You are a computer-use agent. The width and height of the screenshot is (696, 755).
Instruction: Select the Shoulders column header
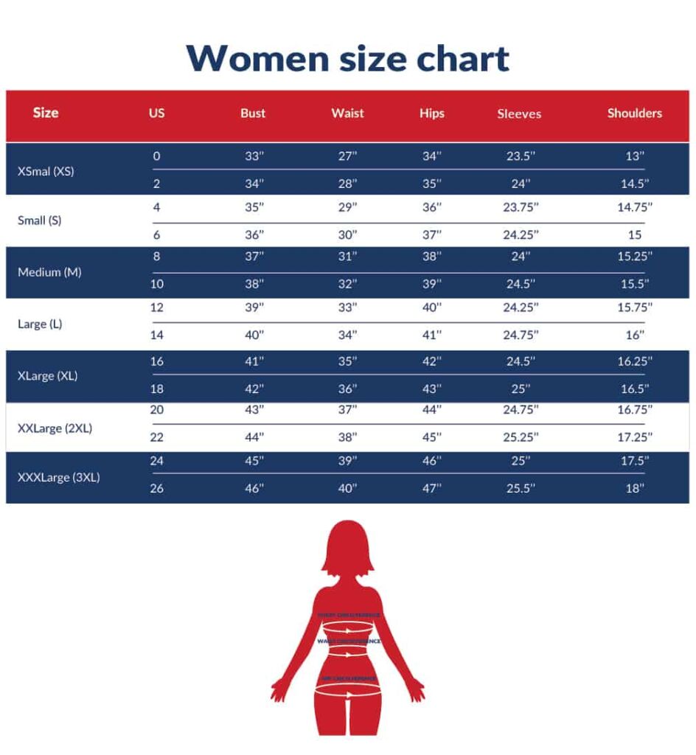click(634, 113)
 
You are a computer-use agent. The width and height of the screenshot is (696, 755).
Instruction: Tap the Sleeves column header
click(519, 114)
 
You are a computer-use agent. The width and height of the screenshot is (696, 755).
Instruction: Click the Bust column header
click(253, 114)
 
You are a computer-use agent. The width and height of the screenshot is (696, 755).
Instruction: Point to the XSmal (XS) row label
click(46, 171)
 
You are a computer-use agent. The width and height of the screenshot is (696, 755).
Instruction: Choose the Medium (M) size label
click(49, 272)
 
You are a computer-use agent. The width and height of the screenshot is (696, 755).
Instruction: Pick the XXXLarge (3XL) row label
click(58, 477)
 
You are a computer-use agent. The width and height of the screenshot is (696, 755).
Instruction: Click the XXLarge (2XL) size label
click(55, 428)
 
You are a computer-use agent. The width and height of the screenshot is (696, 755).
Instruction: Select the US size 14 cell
click(157, 335)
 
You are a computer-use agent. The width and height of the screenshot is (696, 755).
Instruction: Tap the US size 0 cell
click(156, 156)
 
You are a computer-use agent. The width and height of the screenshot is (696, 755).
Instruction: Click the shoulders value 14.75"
click(635, 207)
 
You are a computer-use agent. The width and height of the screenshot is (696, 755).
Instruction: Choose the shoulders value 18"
click(635, 488)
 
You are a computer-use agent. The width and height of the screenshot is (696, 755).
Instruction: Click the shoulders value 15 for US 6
click(635, 235)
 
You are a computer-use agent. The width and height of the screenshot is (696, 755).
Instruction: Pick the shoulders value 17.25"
click(635, 437)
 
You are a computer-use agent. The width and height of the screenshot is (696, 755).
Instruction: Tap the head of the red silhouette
click(347, 549)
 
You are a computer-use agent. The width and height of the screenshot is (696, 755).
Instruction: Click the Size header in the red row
click(46, 113)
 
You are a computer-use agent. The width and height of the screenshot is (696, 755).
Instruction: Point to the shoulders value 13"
click(635, 156)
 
